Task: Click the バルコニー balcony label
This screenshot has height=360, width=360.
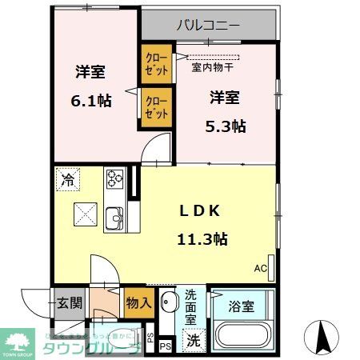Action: (208, 26)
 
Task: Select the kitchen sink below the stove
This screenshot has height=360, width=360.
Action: (114, 217)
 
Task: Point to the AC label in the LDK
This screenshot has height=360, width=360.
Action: (261, 268)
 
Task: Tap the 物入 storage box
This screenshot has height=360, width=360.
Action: (138, 302)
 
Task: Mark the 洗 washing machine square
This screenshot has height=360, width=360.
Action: (193, 339)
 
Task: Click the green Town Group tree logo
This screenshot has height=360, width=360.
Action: (19, 338)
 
